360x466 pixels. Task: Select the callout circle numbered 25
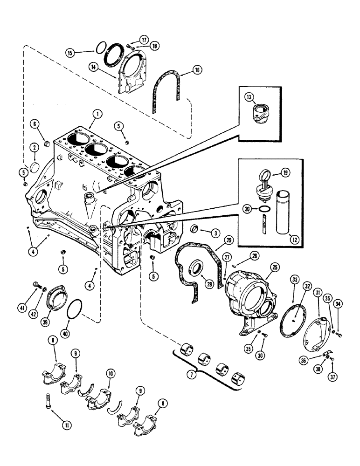pos(274,267)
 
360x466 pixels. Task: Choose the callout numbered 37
pos(332,376)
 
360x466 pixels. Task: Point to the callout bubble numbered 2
pos(34,147)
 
